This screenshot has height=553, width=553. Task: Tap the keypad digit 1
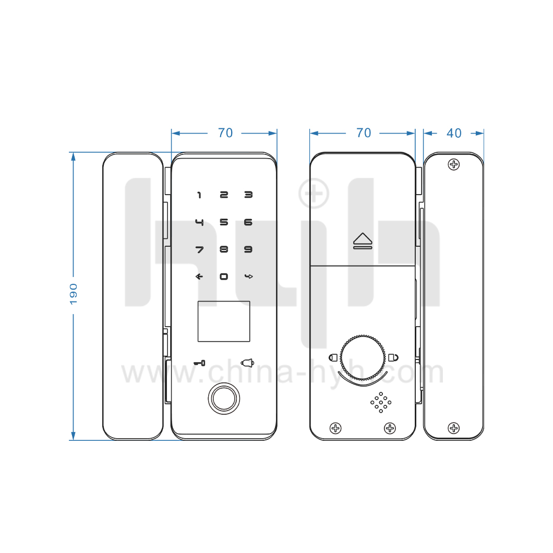tap(199, 195)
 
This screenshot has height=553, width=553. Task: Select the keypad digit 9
tap(248, 249)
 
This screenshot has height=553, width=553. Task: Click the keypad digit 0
tap(224, 276)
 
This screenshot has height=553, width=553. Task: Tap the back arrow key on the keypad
tap(199, 276)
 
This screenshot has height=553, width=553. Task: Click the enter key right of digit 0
tap(249, 276)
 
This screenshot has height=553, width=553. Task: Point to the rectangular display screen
tap(224, 321)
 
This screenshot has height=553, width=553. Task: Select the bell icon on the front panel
tap(248, 363)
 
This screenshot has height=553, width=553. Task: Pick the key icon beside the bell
tap(200, 363)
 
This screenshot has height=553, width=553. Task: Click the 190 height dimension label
tap(74, 294)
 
